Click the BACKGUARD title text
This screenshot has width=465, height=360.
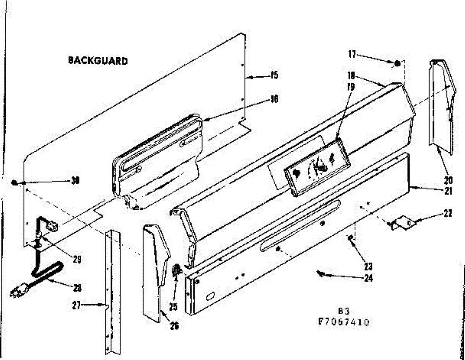pos(98,61)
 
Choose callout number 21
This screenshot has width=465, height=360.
pos(448,190)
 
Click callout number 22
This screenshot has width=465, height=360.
pos(448,213)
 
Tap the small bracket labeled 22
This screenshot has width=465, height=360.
pos(403,222)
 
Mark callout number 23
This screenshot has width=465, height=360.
pos(368,266)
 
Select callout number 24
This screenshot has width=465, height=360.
pos(368,278)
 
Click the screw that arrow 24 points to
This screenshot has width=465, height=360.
pos(320,274)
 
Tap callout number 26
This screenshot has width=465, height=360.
pos(174,326)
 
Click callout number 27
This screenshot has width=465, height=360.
pos(76,305)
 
